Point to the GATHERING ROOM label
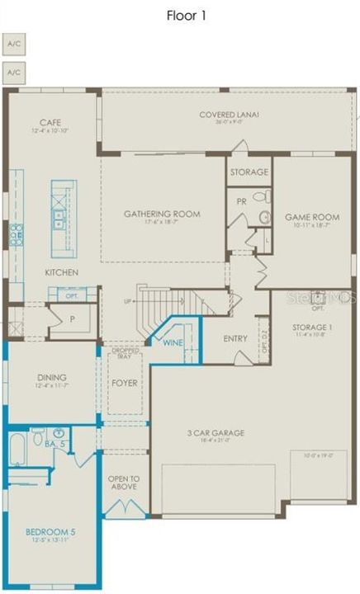coord(162,214)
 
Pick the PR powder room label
coord(240,200)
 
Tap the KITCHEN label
coord(62,272)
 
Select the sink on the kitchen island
coord(59,218)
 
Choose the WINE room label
coord(172,342)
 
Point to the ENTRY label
coord(236,339)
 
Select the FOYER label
coord(125,384)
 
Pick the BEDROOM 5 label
coord(50,533)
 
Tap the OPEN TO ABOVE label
coord(123,482)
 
